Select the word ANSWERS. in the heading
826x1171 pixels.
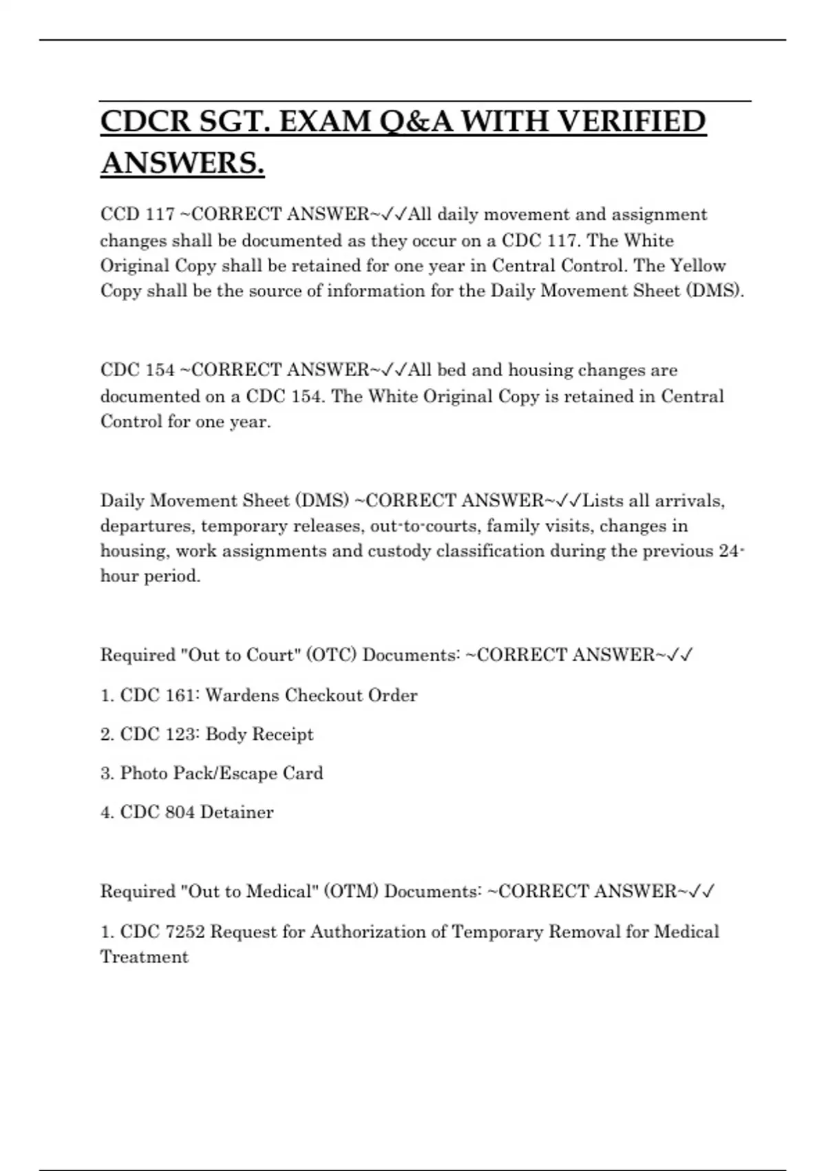coord(182,163)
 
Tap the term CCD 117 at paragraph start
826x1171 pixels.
coord(138,214)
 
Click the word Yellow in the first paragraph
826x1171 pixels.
coord(698,266)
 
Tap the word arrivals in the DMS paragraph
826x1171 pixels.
coord(689,501)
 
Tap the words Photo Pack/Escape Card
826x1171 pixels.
coord(222,774)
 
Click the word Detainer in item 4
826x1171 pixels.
coord(237,813)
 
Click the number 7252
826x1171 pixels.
coord(185,932)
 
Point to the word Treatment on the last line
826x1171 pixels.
coord(145,957)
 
